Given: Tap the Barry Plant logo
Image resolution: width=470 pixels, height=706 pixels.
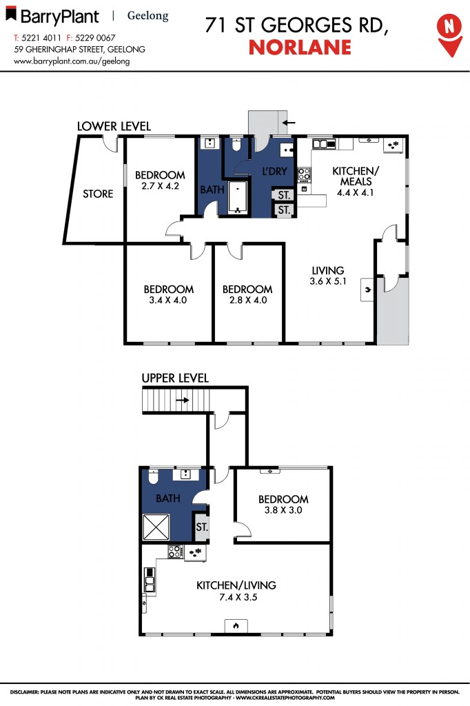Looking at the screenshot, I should click(52, 16).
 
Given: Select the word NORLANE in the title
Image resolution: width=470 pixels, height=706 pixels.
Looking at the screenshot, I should click(299, 47).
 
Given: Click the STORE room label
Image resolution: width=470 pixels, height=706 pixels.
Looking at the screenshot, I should click(98, 194).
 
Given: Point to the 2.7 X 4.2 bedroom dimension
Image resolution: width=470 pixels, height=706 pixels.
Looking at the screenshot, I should click(160, 185).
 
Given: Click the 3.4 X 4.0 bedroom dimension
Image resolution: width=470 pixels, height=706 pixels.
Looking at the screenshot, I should click(168, 300).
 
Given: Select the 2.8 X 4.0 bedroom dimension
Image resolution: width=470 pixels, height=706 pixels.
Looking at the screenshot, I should click(247, 300).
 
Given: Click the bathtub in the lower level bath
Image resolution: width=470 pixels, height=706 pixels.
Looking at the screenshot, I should click(238, 199).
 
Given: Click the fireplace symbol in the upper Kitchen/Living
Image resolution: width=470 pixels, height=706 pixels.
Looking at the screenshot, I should click(235, 626).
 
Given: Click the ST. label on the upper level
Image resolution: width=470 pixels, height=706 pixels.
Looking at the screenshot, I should click(201, 527).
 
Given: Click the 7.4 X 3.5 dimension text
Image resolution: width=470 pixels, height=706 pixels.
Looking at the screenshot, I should click(236, 597).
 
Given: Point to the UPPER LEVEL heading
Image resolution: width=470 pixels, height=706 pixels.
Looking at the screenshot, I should click(175, 379).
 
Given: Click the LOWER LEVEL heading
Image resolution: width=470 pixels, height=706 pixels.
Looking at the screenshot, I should click(114, 126).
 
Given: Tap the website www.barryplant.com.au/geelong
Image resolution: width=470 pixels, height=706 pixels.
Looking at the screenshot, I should click(72, 61).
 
